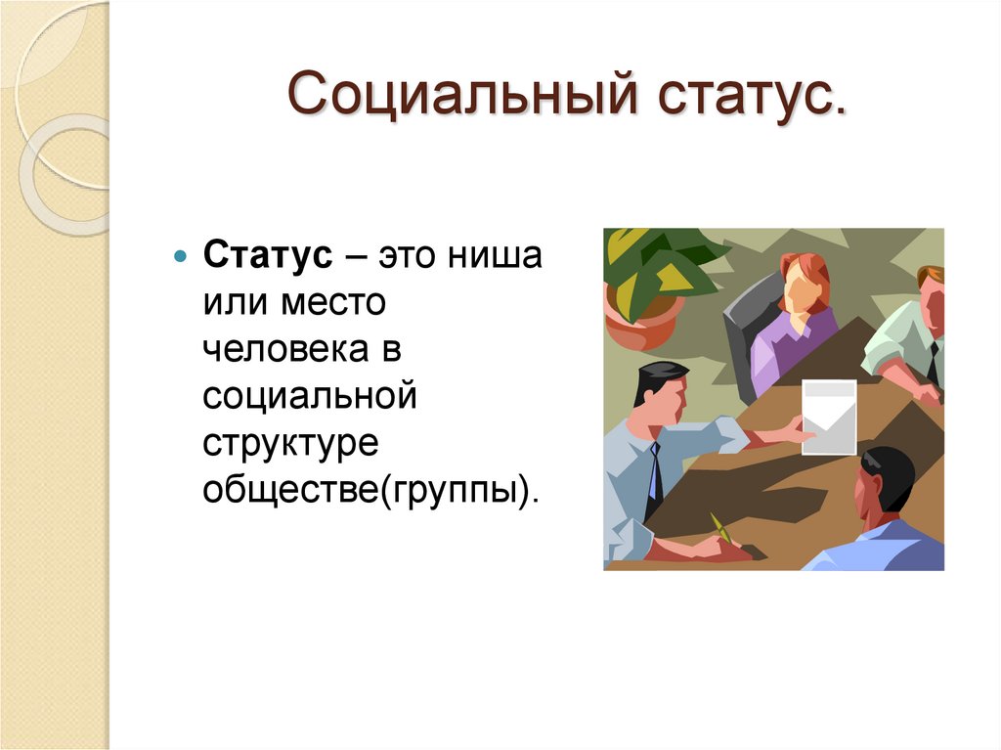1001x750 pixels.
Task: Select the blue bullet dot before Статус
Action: [179, 257]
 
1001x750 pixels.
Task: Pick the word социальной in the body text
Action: [311, 397]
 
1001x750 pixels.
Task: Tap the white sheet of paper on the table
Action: [828, 417]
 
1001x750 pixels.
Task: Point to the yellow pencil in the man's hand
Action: [722, 528]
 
